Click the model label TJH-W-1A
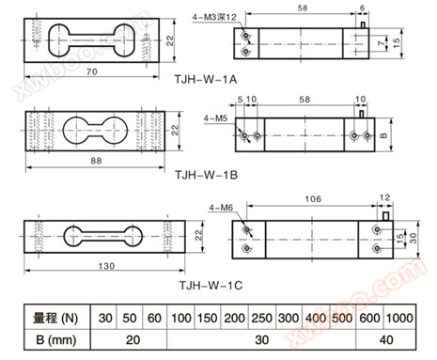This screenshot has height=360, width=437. [x=206, y=79]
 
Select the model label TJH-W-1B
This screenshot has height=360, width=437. [x=206, y=175]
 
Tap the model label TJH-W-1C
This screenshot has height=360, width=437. [x=211, y=285]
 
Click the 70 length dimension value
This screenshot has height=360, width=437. [x=92, y=71]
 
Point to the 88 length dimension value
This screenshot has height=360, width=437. [x=96, y=161]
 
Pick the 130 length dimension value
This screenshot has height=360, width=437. [x=106, y=266]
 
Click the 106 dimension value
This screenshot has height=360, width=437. [x=313, y=199]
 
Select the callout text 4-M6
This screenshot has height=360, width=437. [x=221, y=208]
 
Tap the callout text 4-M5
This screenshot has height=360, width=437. [x=215, y=118]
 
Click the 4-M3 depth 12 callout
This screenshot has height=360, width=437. [x=214, y=17]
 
